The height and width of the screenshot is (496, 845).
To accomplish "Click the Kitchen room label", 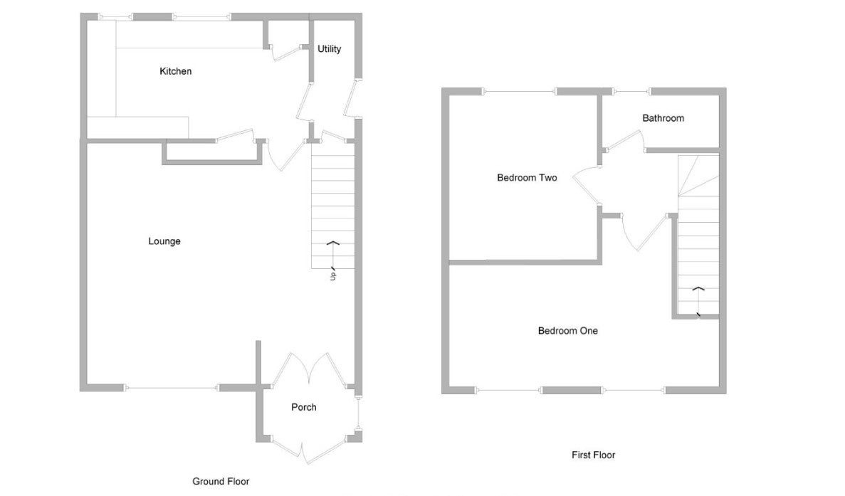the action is click(175, 71).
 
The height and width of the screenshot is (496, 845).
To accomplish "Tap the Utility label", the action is click(330, 49).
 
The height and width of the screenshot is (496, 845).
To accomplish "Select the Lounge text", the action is click(164, 241).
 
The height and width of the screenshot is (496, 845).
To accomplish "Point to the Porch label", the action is click(304, 407).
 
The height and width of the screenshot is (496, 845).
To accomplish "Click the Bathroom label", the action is click(663, 118).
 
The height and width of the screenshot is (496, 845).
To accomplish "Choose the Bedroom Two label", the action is click(527, 178).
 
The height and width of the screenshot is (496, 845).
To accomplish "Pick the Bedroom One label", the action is click(568, 331).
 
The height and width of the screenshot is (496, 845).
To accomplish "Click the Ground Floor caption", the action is click(221, 481).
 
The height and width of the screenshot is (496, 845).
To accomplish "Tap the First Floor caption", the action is click(593, 455).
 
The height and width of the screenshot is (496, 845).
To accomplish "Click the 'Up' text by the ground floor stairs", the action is click(333, 275).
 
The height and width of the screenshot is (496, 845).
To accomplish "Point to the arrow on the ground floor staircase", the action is click(333, 255).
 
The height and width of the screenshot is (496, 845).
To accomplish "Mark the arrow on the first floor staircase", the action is click(698, 302).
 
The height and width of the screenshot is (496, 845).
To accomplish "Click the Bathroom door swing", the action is click(625, 139).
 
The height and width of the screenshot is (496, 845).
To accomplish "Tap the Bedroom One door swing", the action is click(646, 231).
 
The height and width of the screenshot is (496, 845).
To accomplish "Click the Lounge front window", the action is click(172, 388).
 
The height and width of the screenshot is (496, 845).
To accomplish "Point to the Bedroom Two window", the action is click(520, 92).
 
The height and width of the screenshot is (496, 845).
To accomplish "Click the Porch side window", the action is click(358, 413).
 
